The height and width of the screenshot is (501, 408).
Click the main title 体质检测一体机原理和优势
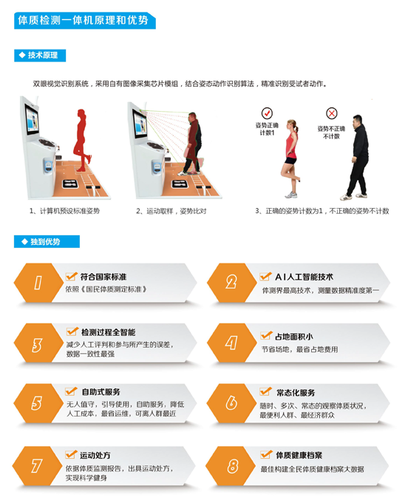click(83, 21)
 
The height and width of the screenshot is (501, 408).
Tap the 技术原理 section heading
click(42, 56)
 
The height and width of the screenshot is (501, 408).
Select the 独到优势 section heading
click(45, 241)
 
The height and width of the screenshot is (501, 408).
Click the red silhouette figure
click(82, 141)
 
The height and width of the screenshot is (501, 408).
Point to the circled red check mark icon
click(267, 113)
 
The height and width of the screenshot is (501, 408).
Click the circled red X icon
click(332, 113)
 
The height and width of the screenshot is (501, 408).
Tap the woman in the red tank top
click(290, 158)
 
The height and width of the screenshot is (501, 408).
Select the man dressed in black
click(356, 157)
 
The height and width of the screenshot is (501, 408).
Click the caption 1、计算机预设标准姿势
click(64, 211)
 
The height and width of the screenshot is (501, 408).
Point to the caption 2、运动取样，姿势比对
click(171, 211)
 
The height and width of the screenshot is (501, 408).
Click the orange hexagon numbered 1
click(38, 283)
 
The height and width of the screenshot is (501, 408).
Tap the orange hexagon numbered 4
click(231, 343)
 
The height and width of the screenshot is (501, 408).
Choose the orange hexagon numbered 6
click(231, 403)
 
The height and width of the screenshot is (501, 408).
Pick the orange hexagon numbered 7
click(37, 466)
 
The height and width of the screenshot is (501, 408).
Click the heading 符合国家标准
click(103, 277)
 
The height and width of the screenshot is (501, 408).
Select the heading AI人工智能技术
click(305, 277)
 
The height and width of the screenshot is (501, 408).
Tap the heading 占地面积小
click(294, 337)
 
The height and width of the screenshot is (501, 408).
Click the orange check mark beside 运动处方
click(71, 454)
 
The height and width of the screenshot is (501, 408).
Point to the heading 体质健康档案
click(299, 455)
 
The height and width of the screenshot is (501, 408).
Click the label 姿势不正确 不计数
click(331, 132)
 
